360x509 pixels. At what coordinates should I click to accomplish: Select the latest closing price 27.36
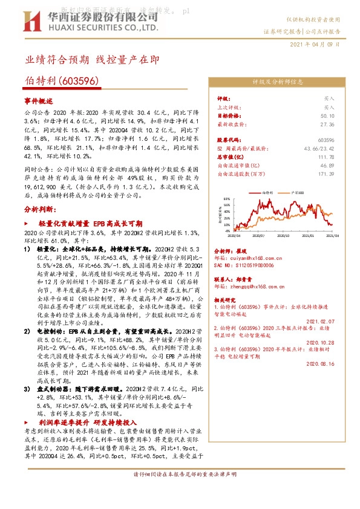pos(328,123)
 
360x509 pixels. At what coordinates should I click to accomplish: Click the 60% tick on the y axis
pos(226,198)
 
